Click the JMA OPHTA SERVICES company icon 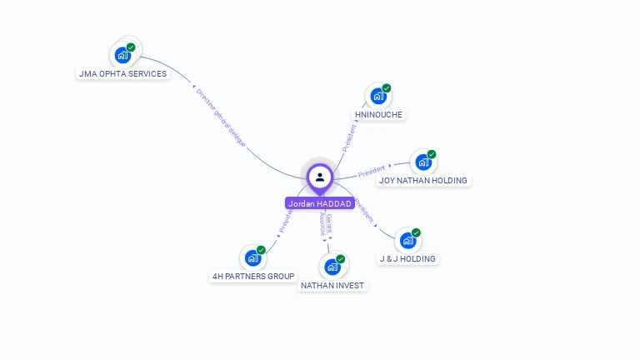coord(123,56)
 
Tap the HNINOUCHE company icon coord(378,97)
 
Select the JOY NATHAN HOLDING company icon coord(423,162)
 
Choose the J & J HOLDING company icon coord(407,241)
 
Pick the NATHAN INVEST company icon coord(332,267)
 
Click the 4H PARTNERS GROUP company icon coord(252,258)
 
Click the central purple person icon coord(320,177)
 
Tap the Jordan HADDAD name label coord(320,203)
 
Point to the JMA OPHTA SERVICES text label coord(122,73)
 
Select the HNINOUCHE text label coord(378,114)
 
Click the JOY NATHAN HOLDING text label coord(423,180)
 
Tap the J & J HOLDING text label coord(407,258)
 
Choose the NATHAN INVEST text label coord(332,285)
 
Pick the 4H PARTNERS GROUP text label coord(252,276)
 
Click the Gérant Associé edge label coord(325,226)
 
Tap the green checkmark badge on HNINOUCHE coord(387,88)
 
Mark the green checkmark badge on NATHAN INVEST coord(341,259)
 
